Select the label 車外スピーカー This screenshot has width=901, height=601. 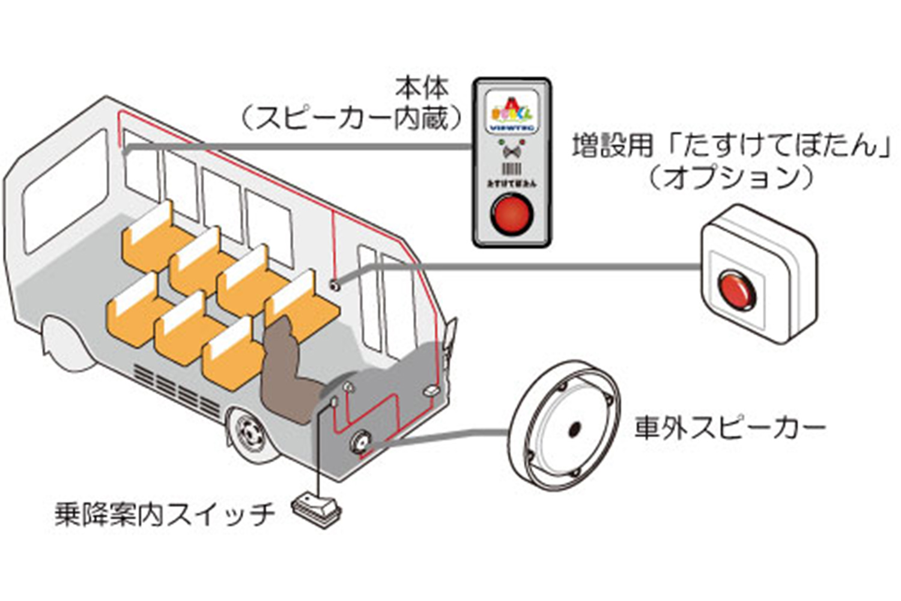730,429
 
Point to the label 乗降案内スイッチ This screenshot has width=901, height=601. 164,514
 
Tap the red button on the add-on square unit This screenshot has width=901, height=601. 738,290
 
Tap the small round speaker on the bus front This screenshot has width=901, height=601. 362,442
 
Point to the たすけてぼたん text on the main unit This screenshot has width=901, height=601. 511,183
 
